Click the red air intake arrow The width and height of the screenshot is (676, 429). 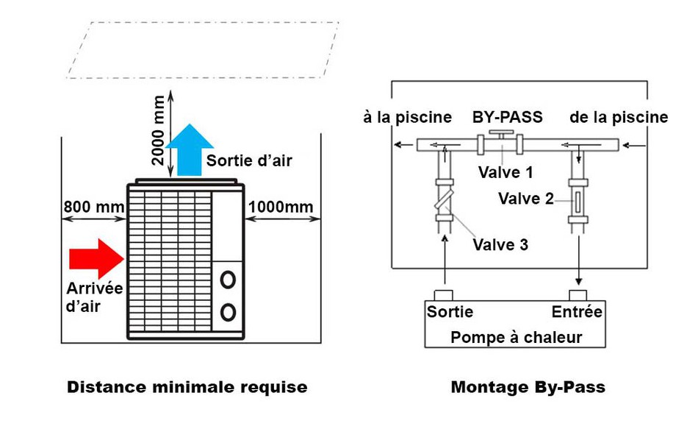pos(96,258)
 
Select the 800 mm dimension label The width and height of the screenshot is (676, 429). pos(93,207)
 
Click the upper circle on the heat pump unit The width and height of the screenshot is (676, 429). pos(229,280)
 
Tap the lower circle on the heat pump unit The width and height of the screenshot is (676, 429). pos(229,312)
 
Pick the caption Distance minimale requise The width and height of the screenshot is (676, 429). pos(187,387)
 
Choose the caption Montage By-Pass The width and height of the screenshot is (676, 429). pos(528,387)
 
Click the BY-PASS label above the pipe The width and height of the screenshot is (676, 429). pos(507,117)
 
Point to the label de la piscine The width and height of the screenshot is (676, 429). pos(619,117)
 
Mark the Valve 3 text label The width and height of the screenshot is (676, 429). pos(500,244)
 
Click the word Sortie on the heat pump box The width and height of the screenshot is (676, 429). pos(450,312)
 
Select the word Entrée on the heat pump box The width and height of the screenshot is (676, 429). pos(577,312)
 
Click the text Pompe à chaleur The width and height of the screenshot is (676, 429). pos(516,337)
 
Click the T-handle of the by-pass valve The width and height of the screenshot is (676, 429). pos(503,133)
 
